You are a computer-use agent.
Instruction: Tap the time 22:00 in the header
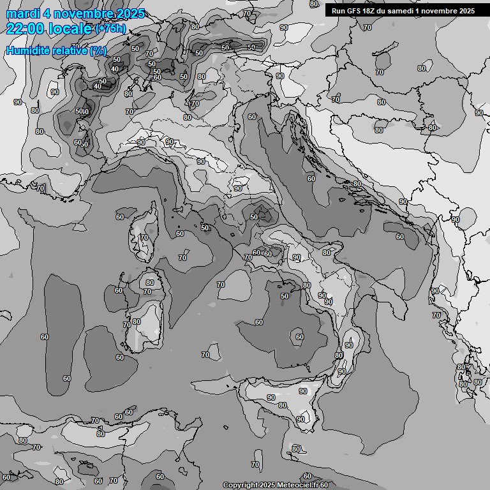[26, 29]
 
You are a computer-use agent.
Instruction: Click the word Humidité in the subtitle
[25, 50]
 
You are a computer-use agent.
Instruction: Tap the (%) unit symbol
[98, 50]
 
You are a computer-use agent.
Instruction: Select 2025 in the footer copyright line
[267, 486]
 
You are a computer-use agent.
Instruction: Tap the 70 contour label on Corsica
[144, 238]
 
